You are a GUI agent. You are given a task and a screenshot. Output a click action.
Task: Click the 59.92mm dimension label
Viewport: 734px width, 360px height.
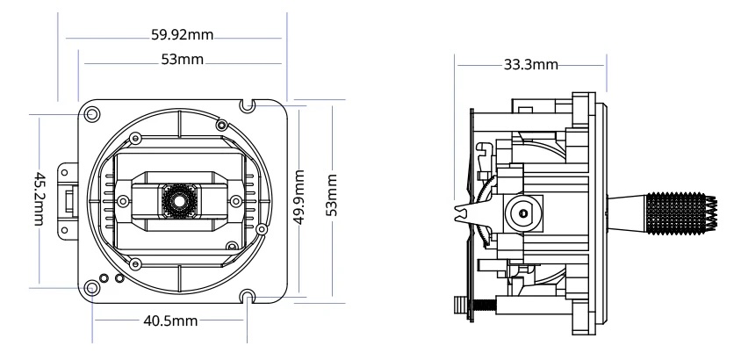(183, 37)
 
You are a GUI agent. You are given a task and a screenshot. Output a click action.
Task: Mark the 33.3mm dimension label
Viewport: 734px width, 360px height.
(530, 64)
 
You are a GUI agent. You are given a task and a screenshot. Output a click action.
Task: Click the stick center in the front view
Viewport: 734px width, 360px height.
(178, 201)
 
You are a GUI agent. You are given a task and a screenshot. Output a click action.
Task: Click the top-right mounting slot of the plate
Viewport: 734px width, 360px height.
(250, 106)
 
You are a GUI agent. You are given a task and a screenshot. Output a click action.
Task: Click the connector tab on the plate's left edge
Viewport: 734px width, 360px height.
(67, 200)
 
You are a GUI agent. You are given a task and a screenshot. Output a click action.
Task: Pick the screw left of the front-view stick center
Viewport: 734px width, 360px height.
(124, 201)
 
